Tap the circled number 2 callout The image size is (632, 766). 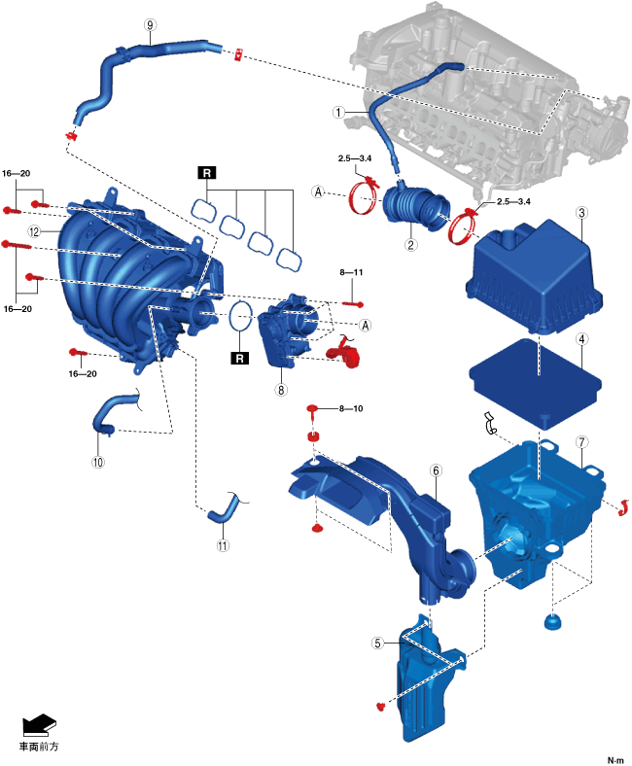coord(411,245)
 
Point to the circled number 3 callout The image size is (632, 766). coord(580,213)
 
